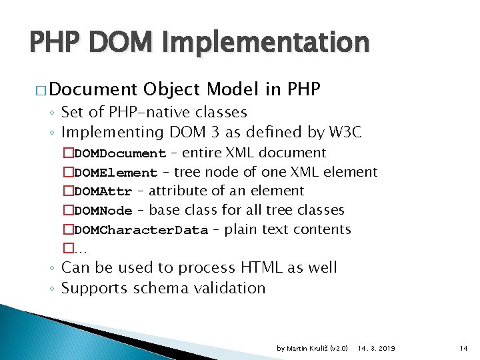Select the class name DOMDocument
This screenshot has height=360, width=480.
[x=119, y=154]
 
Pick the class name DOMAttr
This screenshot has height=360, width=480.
[x=103, y=192]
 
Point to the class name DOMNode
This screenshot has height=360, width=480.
[x=103, y=211]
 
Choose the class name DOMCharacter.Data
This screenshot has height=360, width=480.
[x=141, y=231]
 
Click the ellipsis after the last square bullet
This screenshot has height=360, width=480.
[x=81, y=249]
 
